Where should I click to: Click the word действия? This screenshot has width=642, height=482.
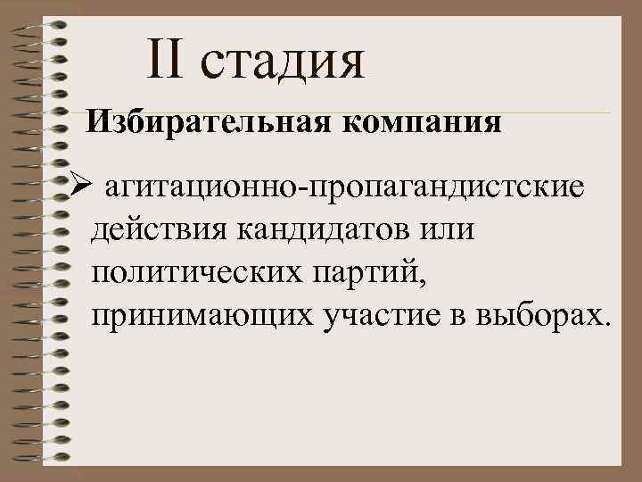pyautogui.click(x=158, y=231)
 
